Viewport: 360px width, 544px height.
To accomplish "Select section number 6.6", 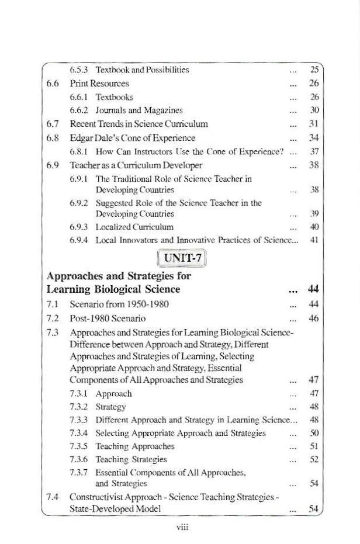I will tap(53, 84).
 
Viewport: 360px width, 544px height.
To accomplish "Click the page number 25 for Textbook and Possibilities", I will tap(314, 70).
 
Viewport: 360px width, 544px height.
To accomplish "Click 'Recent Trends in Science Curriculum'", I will tap(139, 124).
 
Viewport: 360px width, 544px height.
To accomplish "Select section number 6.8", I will tap(53, 138).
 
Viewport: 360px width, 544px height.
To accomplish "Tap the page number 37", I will tap(314, 152).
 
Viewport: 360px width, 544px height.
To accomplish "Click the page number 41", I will tap(314, 240).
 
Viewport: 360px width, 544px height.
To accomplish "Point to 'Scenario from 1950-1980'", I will tap(119, 304).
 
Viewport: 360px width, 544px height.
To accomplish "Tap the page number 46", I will tap(314, 318).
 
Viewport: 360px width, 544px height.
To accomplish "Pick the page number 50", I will tap(314, 433).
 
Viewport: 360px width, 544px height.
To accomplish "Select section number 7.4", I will tap(53, 497).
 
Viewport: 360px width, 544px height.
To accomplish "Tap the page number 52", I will tap(314, 460).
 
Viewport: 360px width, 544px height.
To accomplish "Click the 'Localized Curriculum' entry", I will tap(134, 227).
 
